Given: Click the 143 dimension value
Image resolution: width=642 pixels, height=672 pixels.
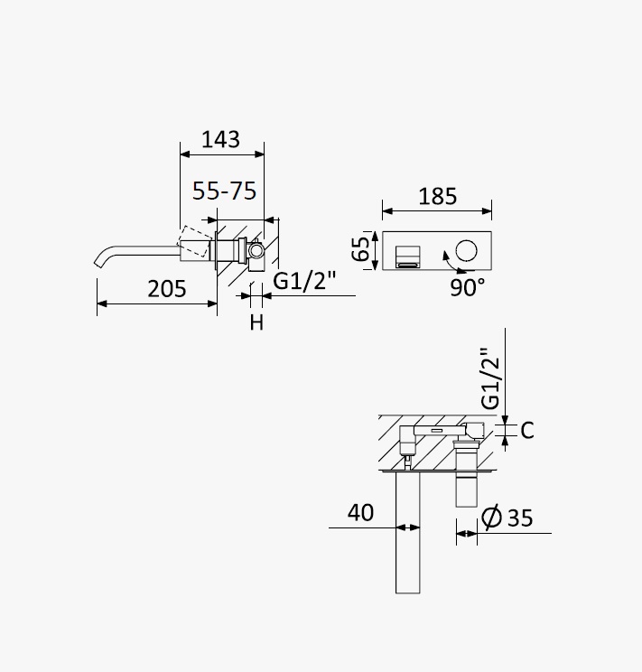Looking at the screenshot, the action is point(220,139).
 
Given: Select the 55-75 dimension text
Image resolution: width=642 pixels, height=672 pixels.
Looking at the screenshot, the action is point(224,191).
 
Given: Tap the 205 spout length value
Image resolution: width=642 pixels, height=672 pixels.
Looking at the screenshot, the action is point(167,288).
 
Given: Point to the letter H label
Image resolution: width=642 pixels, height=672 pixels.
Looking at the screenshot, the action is point(256,322).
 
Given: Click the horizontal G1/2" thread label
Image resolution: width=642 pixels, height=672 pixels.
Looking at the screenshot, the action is point(304,281).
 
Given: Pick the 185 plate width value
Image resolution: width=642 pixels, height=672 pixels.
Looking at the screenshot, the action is point(438,196).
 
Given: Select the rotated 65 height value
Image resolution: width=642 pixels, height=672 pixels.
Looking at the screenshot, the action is point(360,248).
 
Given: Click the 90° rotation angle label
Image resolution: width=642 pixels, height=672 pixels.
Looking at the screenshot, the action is point(468,287).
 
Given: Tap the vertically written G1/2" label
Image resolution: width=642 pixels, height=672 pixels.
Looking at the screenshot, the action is point(490,378).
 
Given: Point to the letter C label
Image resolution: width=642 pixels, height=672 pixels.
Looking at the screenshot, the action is point(527,430).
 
